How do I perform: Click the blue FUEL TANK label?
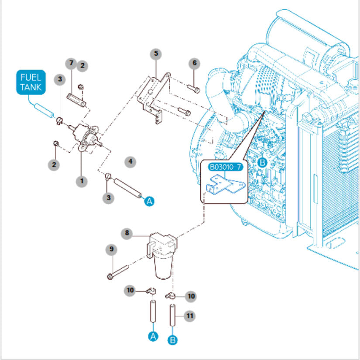pos(30,82)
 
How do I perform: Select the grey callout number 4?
pos(130,162)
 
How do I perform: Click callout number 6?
pos(195,63)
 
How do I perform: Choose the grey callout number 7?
pos(72,63)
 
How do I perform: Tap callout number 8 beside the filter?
pos(127,233)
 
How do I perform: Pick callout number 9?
pos(112,249)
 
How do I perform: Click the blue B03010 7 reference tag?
pos(226,167)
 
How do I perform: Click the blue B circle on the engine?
pos(262,162)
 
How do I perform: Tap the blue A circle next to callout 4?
pos(149,201)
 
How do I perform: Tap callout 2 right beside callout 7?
pos(82,66)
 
